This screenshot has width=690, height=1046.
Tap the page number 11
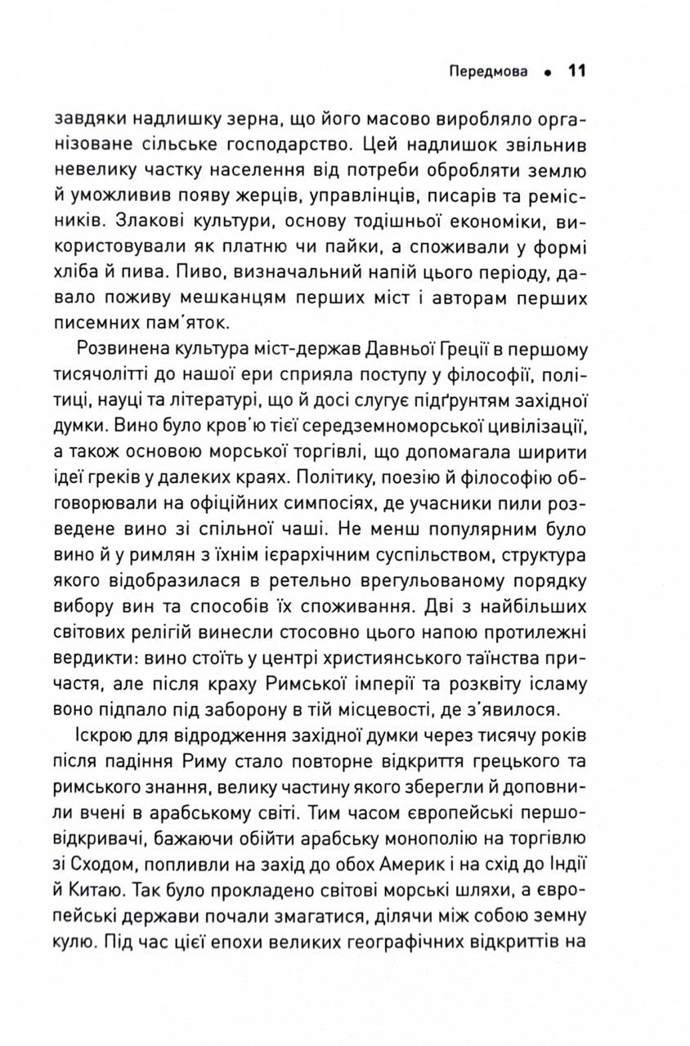(576, 71)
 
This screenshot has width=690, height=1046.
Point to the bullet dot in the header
(544, 72)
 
